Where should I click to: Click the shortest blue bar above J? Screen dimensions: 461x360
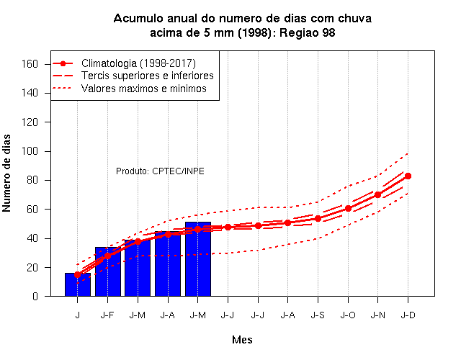coord(78,284)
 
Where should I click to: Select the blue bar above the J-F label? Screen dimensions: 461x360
coord(108,271)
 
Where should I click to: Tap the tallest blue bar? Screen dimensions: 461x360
coord(198,259)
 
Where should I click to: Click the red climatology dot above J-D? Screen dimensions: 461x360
coord(408,176)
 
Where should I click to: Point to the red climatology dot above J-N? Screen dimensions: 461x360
coord(377,195)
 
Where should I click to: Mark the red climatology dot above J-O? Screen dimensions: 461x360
coord(348,208)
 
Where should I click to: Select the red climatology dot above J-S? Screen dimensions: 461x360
coord(318,219)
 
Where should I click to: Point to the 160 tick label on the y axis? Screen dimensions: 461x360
coord(30,64)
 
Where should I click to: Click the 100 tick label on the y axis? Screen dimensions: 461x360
coord(30,151)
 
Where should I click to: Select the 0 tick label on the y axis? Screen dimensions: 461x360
coord(35,296)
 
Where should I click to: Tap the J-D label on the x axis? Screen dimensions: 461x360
coord(408,315)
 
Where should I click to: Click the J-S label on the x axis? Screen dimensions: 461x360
coord(318,315)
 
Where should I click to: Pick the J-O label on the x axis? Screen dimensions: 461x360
coord(348,315)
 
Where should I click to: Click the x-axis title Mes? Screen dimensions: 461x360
coord(242,340)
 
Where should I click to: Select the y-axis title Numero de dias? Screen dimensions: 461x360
coord(6,174)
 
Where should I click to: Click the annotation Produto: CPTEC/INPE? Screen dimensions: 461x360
coord(160,171)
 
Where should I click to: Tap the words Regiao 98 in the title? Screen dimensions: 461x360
coord(308,32)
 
